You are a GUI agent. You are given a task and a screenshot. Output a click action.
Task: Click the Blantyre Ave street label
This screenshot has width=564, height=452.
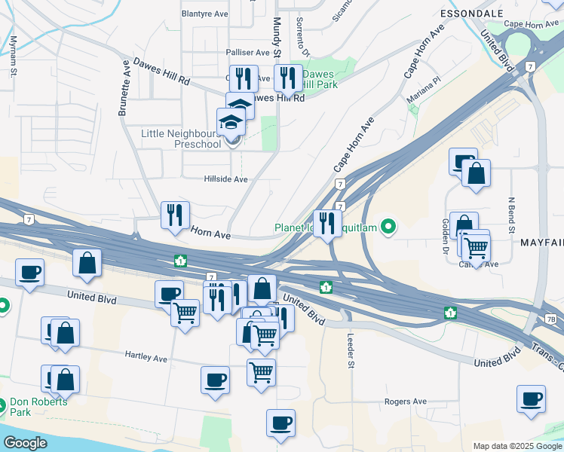tap(205, 14)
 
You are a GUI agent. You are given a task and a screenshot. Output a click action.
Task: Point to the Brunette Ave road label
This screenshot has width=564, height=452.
tap(124, 89)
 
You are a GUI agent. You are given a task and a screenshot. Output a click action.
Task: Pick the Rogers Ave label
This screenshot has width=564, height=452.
tap(406, 402)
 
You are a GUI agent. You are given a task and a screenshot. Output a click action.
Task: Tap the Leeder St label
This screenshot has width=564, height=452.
tap(351, 352)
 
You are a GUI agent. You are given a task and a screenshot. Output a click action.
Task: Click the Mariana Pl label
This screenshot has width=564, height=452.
tap(424, 87)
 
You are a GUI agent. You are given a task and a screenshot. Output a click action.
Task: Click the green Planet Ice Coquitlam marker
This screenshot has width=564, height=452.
tap(388, 225)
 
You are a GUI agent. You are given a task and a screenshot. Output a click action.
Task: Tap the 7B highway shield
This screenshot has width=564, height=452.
tap(551, 320)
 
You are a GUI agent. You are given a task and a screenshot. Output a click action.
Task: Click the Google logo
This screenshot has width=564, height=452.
tap(26, 443)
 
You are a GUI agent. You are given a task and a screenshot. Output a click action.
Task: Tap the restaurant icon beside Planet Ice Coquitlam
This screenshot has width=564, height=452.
tap(327, 223)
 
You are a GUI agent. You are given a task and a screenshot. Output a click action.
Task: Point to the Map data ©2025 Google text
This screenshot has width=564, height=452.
tap(516, 446)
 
